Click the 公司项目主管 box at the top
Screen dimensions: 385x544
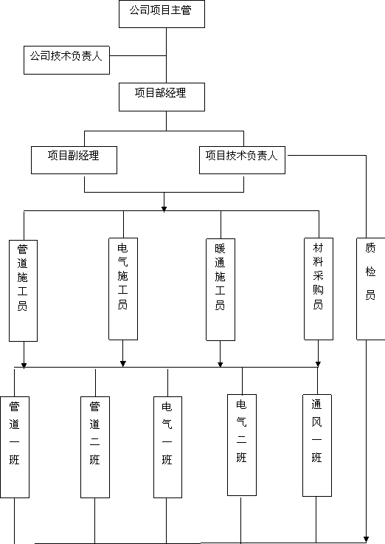[x=162, y=14]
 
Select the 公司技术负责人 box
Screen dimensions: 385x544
[x=66, y=60]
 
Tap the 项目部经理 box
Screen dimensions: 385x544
[x=162, y=97]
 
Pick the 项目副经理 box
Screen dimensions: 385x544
[x=74, y=160]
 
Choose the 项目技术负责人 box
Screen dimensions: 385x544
[x=242, y=160]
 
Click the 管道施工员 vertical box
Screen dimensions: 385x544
[x=23, y=291]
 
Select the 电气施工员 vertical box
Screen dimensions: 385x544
[x=123, y=289]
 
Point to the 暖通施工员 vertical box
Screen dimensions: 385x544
[x=221, y=289]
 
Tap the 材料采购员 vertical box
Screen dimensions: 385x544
[x=319, y=289]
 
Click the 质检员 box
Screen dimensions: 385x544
[x=371, y=289]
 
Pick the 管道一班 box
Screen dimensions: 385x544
[x=15, y=447]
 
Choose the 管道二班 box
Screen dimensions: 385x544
[x=95, y=447]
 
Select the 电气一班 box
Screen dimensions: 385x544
[x=167, y=447]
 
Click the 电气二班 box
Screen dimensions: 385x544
[x=242, y=445]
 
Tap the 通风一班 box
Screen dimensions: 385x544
[x=317, y=446]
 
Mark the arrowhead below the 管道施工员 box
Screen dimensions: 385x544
[x=24, y=365]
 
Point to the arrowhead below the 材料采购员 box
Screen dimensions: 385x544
[x=318, y=364]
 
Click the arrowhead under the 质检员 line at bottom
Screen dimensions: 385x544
[x=366, y=539]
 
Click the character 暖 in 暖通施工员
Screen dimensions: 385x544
[x=220, y=249]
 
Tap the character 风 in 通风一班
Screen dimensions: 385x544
[x=316, y=422]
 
